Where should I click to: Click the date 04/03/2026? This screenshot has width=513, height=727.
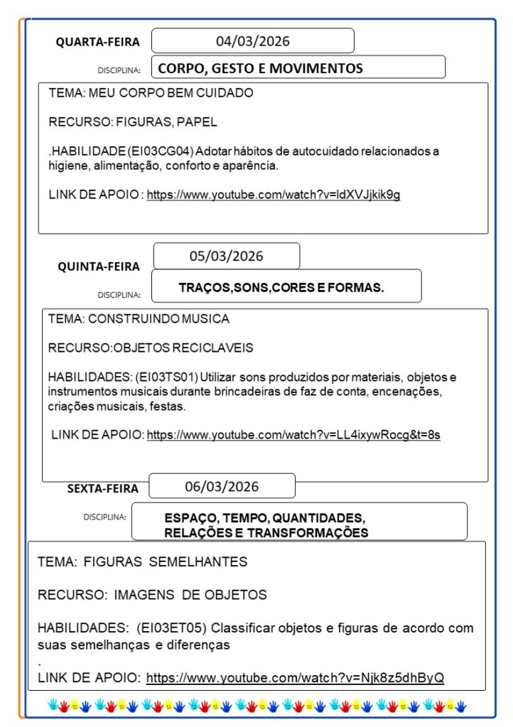pos(252,41)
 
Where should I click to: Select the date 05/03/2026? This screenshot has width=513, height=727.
pos(226,257)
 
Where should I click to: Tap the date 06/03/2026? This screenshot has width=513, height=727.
pos(222,487)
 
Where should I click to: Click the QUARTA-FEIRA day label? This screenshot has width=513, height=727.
pos(98,43)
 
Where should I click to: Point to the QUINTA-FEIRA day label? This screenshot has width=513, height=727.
pos(99,267)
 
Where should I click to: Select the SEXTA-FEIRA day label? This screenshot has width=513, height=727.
pos(103,488)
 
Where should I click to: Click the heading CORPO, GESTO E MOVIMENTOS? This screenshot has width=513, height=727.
pos(260,68)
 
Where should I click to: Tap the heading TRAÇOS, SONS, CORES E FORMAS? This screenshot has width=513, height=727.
pos(281,287)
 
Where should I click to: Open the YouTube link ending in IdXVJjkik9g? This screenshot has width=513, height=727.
pos(274,195)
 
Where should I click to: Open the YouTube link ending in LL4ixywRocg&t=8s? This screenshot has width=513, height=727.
pos(293,434)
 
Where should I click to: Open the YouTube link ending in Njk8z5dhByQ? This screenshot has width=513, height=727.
pos(295,677)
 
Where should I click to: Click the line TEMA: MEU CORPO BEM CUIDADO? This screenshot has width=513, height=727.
pos(151,93)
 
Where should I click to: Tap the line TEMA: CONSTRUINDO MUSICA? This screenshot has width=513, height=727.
pos(139,318)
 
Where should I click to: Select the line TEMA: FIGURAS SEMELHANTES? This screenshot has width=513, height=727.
pos(142,562)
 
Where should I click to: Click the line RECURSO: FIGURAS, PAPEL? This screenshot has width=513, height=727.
pos(133,122)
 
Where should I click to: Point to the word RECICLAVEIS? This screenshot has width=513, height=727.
pos(218,348)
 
